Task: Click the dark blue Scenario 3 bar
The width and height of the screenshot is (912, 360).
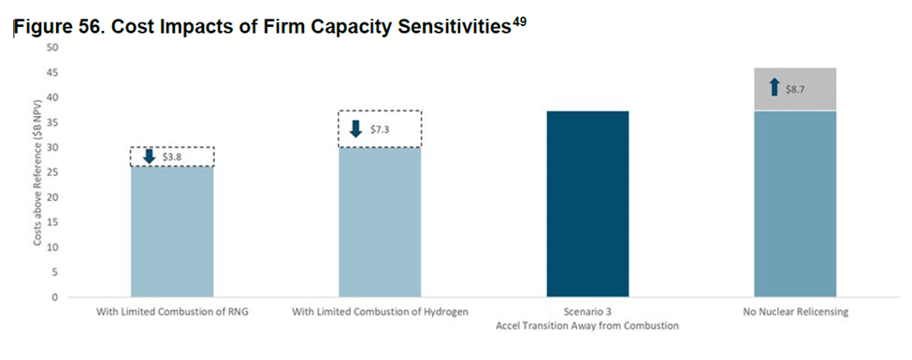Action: pyautogui.click(x=587, y=204)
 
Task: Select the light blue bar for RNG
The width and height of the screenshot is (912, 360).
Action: pyautogui.click(x=172, y=232)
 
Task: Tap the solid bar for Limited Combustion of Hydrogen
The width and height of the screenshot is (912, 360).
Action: pyautogui.click(x=380, y=223)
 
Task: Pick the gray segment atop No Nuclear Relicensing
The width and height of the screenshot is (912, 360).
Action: pyautogui.click(x=795, y=89)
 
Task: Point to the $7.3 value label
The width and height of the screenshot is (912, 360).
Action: pyautogui.click(x=379, y=129)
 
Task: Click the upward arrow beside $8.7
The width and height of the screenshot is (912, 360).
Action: pyautogui.click(x=774, y=88)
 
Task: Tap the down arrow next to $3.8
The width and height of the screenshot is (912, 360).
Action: pyautogui.click(x=150, y=156)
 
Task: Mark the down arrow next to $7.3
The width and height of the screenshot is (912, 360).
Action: pyautogui.click(x=356, y=128)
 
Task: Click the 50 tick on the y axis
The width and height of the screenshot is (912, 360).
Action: pyautogui.click(x=54, y=47)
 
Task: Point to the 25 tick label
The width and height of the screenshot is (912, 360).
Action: pyautogui.click(x=54, y=172)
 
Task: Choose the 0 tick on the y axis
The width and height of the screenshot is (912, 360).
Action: pyautogui.click(x=56, y=297)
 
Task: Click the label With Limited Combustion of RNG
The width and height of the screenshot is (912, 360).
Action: pyautogui.click(x=172, y=311)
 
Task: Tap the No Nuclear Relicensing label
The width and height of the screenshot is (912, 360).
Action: pyautogui.click(x=795, y=311)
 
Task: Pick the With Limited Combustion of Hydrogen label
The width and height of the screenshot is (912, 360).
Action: pyautogui.click(x=380, y=311)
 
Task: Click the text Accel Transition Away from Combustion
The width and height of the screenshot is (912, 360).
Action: pyautogui.click(x=587, y=325)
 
